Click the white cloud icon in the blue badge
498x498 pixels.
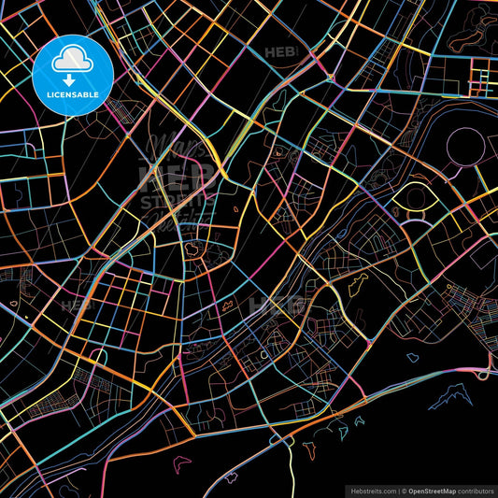point(72,60)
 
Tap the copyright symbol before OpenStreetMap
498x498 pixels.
point(404,489)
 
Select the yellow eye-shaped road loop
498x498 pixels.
point(411,198)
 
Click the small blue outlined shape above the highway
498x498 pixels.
point(412,357)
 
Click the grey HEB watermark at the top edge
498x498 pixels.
point(280,52)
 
